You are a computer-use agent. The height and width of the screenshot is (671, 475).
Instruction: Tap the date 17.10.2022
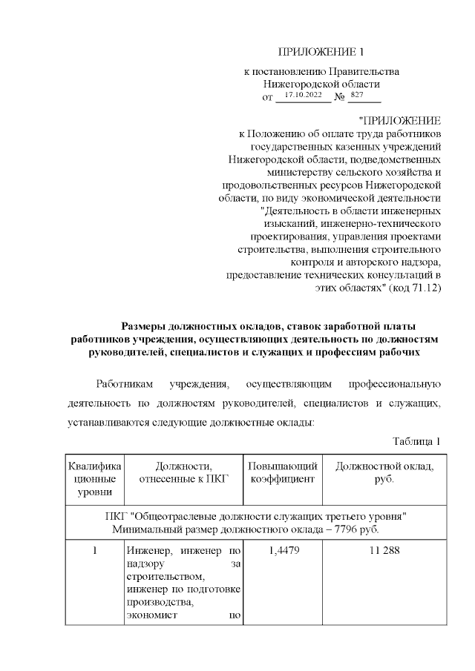[x=303, y=96]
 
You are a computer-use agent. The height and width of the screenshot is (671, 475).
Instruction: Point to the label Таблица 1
[x=417, y=442]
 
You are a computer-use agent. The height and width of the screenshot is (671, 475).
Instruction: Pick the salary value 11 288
[x=384, y=552]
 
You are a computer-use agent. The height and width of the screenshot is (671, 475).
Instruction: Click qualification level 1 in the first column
[x=94, y=552]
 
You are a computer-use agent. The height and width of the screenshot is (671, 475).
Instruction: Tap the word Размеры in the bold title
[x=145, y=326]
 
